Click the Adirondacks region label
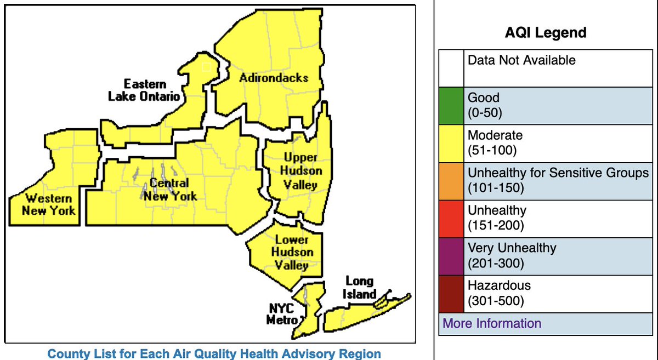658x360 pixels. click(274, 78)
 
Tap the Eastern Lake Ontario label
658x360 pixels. click(144, 90)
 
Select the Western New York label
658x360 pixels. click(49, 204)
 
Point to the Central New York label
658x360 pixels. click(170, 190)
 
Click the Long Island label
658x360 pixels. click(359, 287)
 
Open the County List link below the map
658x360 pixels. click(214, 353)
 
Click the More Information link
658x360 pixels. click(492, 323)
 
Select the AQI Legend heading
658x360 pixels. click(546, 33)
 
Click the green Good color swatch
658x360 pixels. click(451, 105)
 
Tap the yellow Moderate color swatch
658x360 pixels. click(451, 142)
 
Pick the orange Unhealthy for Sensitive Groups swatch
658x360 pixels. click(451, 180)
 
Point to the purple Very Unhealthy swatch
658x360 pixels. click(451, 255)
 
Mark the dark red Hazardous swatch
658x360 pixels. click(451, 293)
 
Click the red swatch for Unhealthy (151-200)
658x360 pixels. click(451, 218)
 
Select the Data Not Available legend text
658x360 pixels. click(521, 60)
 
